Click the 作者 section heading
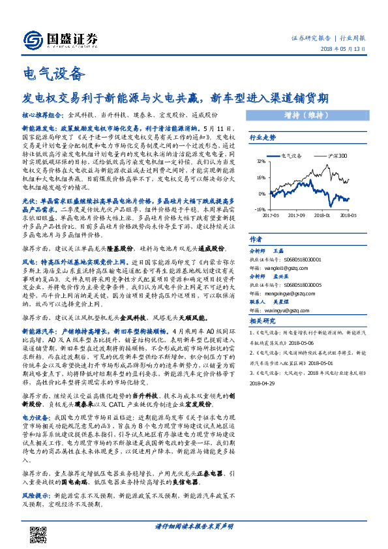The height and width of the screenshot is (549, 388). point(256,239)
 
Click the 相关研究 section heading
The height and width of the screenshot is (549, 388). point(263,321)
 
